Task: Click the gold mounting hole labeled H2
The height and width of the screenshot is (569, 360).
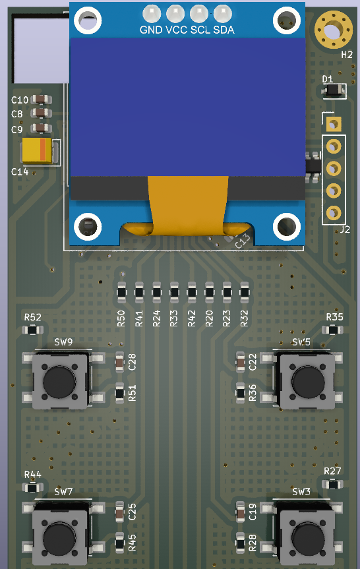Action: click(333, 30)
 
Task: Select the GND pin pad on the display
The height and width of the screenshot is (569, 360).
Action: click(152, 13)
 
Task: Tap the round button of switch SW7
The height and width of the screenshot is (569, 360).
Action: click(59, 539)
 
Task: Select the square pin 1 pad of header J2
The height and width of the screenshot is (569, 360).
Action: click(334, 124)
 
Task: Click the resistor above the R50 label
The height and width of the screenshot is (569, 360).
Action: click(121, 291)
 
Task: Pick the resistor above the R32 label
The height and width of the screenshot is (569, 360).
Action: click(245, 291)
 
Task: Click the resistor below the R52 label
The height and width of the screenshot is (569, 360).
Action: click(32, 329)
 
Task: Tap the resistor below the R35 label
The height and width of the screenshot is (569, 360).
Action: click(334, 329)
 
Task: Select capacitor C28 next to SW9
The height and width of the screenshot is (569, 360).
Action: click(119, 361)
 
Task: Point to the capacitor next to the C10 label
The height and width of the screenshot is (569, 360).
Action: click(41, 100)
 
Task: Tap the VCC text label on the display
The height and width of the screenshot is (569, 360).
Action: click(176, 30)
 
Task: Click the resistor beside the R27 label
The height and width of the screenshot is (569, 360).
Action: click(334, 485)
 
